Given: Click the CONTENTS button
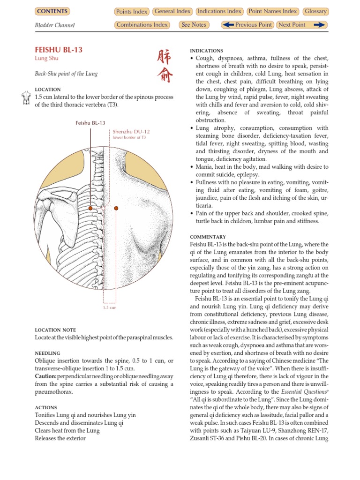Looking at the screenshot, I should click(52, 11).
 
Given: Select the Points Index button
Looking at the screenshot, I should click(131, 12).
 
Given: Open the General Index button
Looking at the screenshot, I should click(172, 11).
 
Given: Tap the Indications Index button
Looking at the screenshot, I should click(220, 11).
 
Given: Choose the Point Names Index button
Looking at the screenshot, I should click(273, 11).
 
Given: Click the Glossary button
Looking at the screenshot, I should click(315, 11).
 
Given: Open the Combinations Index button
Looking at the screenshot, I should click(142, 25).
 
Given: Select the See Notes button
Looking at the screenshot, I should click(194, 25).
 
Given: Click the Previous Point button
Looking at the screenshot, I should click(247, 25).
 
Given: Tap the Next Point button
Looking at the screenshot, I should click(301, 25).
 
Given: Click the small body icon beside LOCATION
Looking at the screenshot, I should click(26, 97).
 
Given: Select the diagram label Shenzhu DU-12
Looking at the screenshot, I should click(131, 132).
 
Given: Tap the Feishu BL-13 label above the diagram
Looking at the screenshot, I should click(90, 123).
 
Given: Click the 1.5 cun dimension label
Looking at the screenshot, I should click(110, 307).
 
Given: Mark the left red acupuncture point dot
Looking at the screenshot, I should click(90, 208).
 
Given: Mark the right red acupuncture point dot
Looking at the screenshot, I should click(116, 208).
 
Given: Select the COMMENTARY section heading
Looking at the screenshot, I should click(208, 237).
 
